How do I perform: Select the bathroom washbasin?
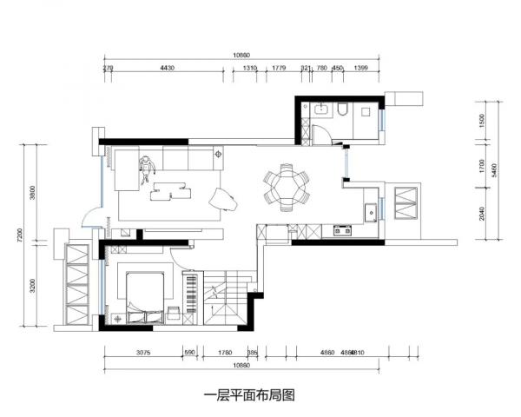click(x=321, y=108)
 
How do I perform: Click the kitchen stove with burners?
click(x=340, y=231)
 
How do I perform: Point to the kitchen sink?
click(x=371, y=209)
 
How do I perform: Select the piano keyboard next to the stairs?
click(x=190, y=295)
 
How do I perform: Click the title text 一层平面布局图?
click(x=249, y=395)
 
